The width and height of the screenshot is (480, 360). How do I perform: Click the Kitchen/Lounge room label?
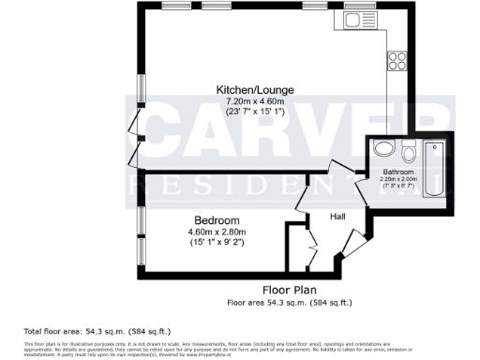click(247, 90)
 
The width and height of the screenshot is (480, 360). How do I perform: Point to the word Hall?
click(338, 217)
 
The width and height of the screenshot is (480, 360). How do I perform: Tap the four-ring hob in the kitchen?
click(396, 58)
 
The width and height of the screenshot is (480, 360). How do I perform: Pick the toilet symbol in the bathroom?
click(409, 153)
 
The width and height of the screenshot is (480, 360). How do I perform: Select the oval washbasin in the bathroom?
click(382, 150)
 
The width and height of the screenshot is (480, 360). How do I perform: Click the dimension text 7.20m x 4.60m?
click(247, 100)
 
